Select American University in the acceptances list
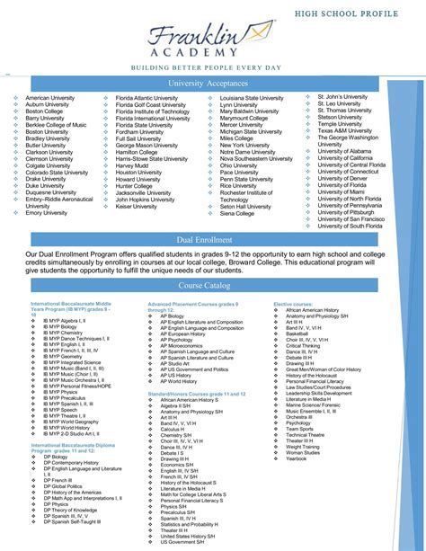49,98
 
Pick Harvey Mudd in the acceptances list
131,166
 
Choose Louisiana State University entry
252,98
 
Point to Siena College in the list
237,214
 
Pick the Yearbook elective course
297,459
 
